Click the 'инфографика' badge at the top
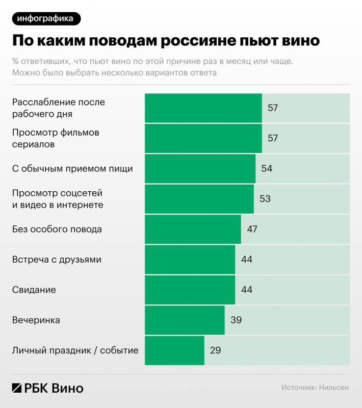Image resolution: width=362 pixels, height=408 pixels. tap(45, 19)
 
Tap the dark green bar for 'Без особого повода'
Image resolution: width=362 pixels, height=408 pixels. tap(193, 229)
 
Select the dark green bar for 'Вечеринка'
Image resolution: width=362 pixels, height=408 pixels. tap(185, 320)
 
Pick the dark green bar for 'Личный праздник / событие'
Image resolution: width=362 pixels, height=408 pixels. tap(174, 350)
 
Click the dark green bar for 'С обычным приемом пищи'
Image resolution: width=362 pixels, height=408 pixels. tap(200, 169)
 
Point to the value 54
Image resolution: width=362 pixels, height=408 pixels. tap(267, 169)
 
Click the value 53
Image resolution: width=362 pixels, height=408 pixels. tap(265, 199)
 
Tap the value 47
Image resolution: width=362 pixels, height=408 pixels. tap(252, 229)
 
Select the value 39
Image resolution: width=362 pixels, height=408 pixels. tap(236, 320)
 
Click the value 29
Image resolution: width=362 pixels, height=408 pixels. tap(216, 350)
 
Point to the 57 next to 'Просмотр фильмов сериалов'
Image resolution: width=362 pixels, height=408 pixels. tap(273, 138)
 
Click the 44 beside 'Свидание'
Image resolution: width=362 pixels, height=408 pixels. tap(247, 290)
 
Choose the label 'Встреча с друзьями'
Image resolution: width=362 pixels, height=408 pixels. tap(57, 260)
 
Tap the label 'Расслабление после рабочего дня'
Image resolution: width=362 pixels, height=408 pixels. tap(58, 108)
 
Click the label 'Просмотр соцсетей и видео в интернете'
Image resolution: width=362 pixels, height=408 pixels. tap(58, 199)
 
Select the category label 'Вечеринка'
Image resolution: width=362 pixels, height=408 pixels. tap(36, 320)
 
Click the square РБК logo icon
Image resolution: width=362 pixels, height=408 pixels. tap(17, 388)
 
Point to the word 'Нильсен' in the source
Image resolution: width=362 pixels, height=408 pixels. tap(334, 388)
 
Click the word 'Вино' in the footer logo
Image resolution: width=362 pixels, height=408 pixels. tap(68, 388)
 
